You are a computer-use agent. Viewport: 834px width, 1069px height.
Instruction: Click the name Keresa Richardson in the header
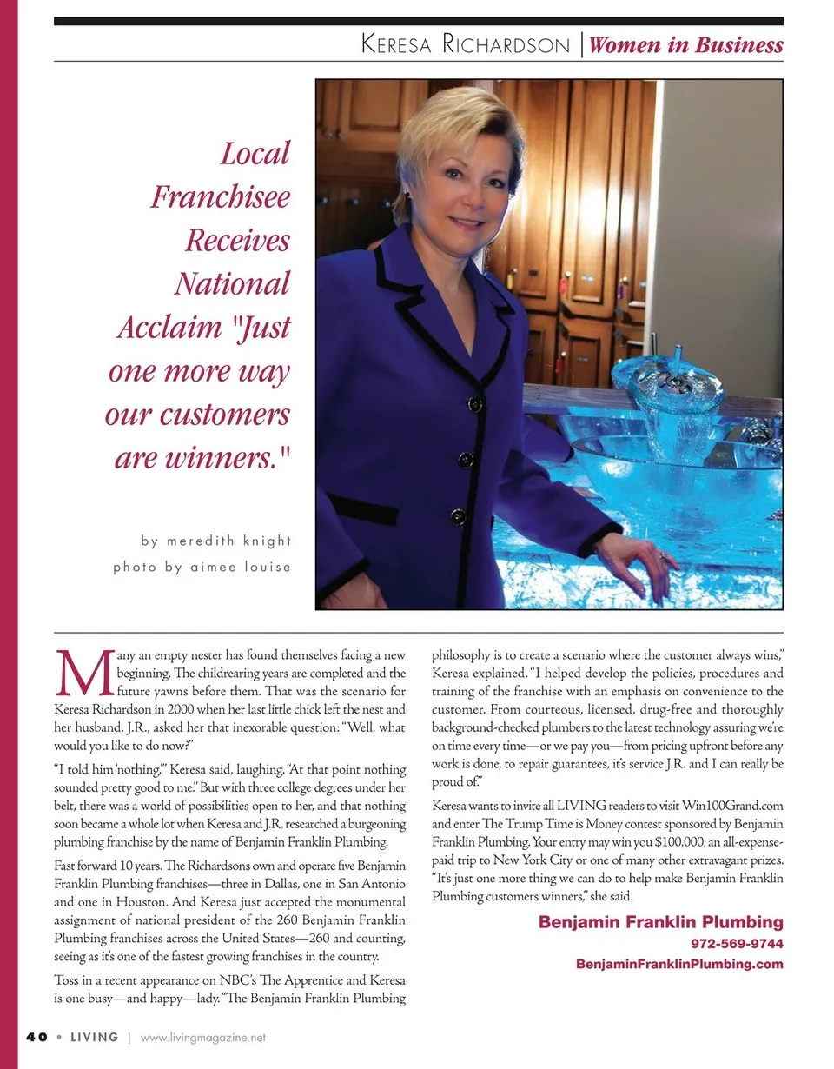(x=465, y=45)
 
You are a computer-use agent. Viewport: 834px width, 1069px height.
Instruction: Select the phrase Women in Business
(x=685, y=45)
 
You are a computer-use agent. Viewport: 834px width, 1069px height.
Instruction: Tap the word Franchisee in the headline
(x=220, y=197)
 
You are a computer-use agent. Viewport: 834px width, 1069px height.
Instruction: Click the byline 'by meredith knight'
(x=216, y=541)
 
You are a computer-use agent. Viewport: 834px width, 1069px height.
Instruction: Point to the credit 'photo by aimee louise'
(x=202, y=567)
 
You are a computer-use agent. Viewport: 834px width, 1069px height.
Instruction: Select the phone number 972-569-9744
(x=737, y=943)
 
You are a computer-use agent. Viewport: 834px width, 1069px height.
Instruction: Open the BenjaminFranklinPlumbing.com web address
(x=679, y=964)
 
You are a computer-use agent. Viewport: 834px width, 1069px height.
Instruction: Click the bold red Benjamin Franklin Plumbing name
(x=660, y=922)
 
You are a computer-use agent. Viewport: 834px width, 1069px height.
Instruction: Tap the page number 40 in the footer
(x=36, y=1037)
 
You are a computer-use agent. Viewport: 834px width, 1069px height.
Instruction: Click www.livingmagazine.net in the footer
(x=202, y=1037)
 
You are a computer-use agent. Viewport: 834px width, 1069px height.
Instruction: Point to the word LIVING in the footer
(x=94, y=1037)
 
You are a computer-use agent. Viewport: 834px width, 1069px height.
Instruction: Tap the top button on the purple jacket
(x=474, y=404)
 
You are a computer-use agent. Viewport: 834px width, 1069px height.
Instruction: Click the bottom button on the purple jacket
(x=458, y=517)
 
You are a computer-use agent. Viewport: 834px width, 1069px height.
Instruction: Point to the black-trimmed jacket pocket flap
(x=363, y=508)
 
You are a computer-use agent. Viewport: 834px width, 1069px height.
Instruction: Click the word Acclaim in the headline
(x=169, y=328)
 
